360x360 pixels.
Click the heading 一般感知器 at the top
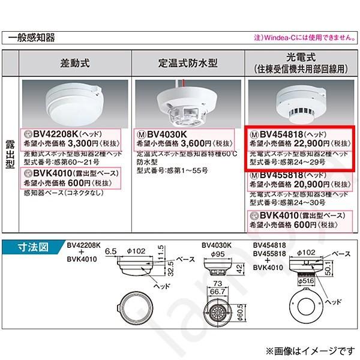click(x=31, y=38)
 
